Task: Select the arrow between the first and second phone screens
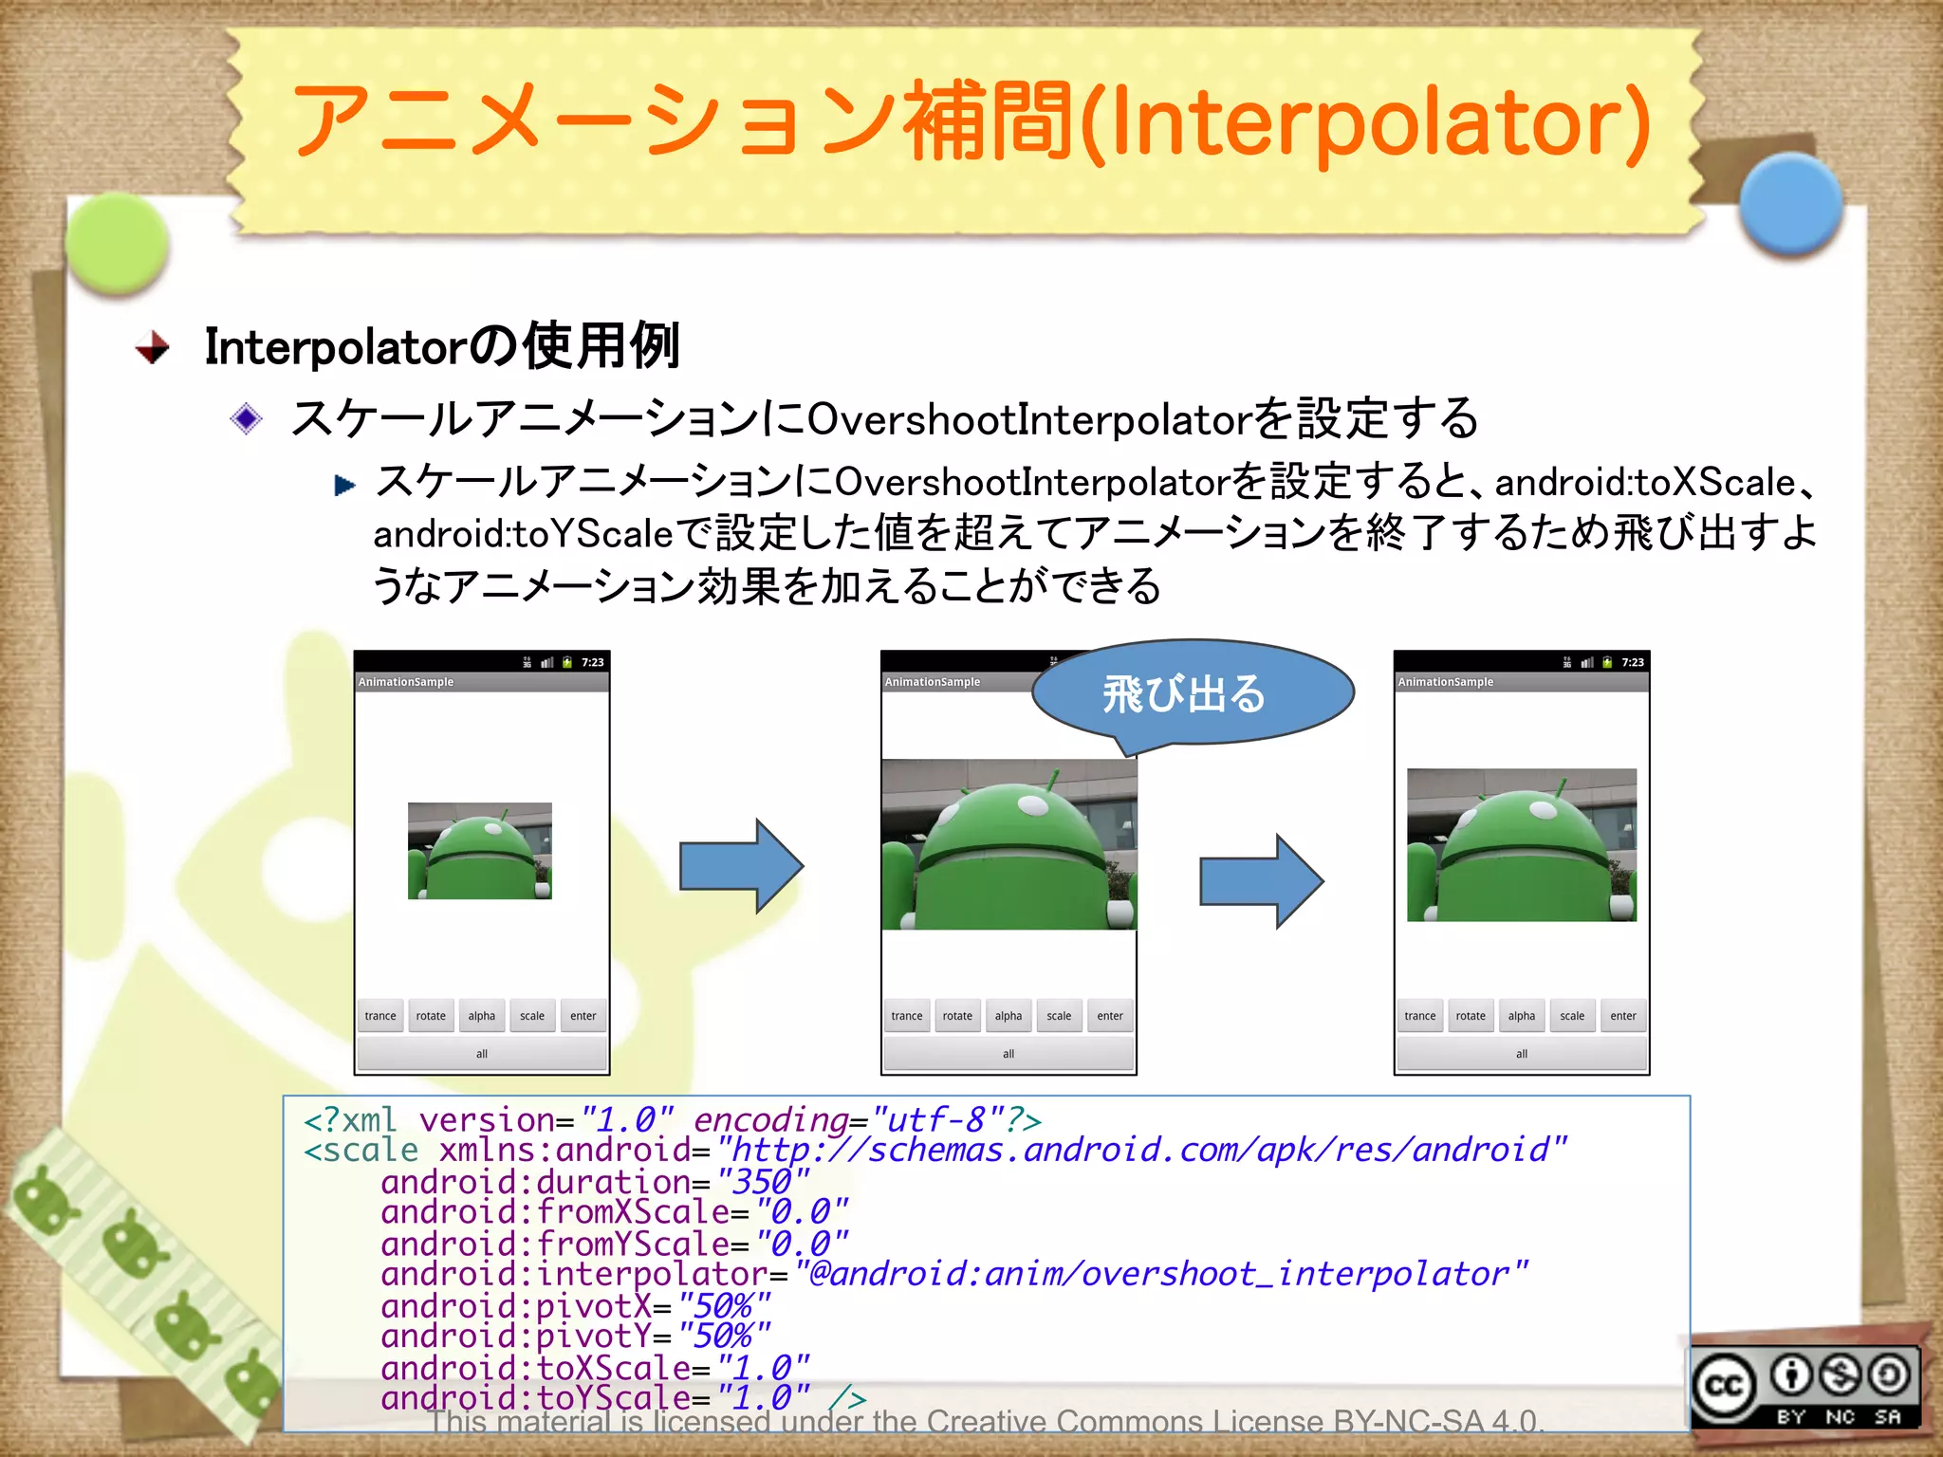(x=741, y=865)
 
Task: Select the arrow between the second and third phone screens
(x=1261, y=881)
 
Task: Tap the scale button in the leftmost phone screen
(x=532, y=1016)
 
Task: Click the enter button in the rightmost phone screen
(x=1622, y=1016)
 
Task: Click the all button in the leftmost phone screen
(x=481, y=1054)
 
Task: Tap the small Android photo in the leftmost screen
(x=479, y=851)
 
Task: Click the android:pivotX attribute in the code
(x=516, y=1306)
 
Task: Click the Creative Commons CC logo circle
(x=1724, y=1387)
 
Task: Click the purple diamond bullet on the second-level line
(x=247, y=418)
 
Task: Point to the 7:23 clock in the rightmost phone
(x=1632, y=662)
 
